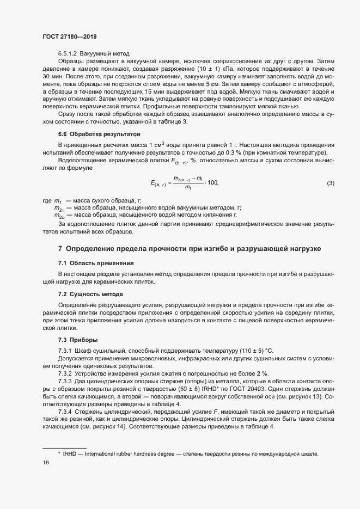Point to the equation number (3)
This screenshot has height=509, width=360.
[x=330, y=183]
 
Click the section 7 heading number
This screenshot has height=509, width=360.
[x=60, y=249]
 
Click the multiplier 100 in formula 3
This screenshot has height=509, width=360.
[x=212, y=183]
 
